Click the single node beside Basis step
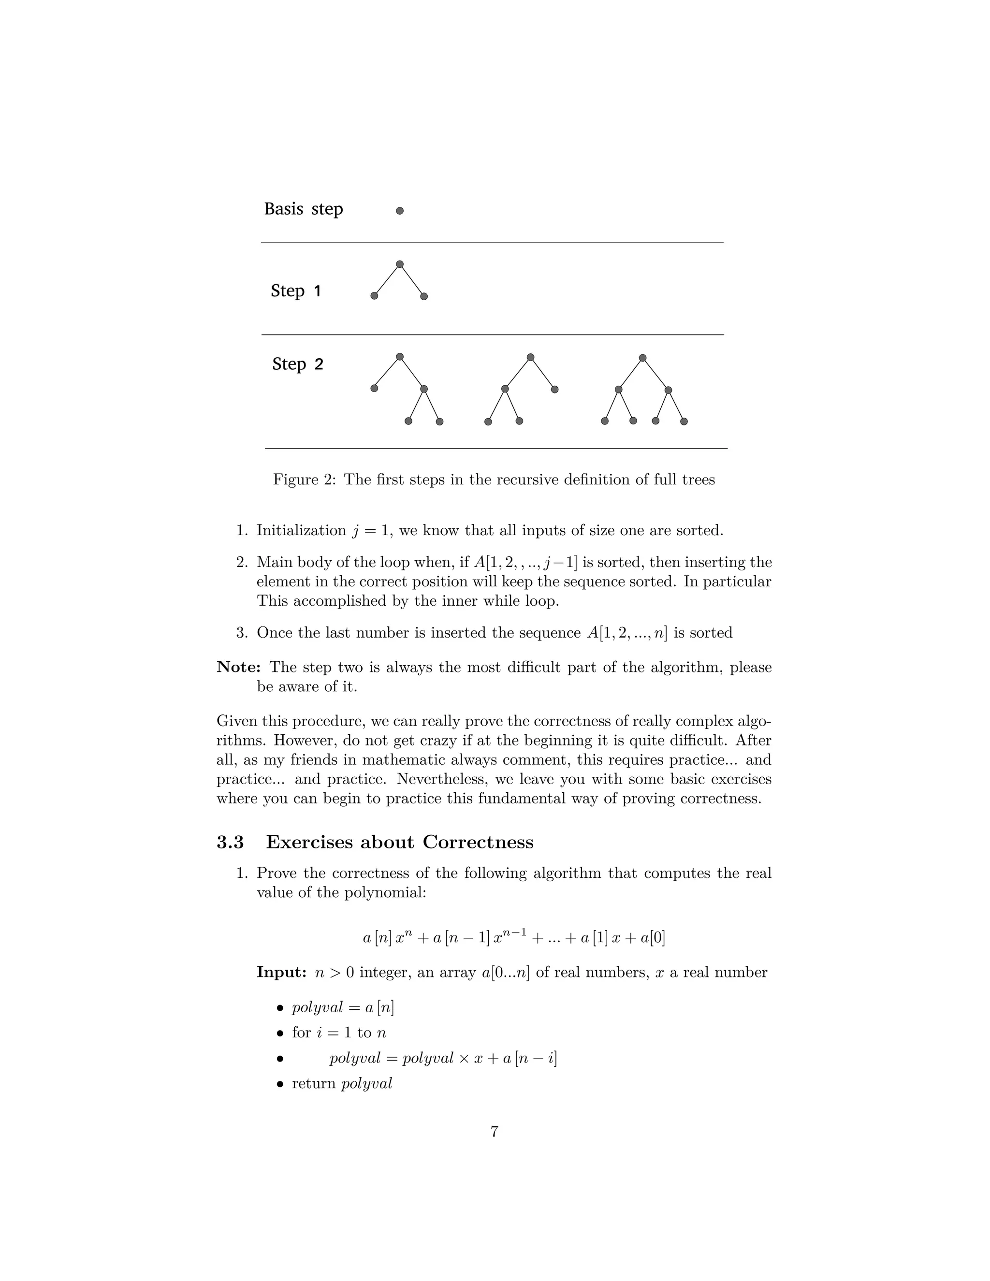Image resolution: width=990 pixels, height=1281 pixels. coord(399,211)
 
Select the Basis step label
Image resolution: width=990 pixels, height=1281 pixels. coord(303,209)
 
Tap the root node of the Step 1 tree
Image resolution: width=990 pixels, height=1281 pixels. coord(399,264)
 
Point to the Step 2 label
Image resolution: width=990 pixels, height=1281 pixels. coord(297,364)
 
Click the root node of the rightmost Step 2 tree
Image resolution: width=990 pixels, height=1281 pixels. coord(642,358)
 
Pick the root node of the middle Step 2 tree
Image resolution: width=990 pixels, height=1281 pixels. coord(530,357)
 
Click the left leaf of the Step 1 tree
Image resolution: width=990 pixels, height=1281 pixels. coord(374,296)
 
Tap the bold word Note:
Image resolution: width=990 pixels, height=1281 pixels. coord(239,668)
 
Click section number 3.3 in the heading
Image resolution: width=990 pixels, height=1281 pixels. coord(230,842)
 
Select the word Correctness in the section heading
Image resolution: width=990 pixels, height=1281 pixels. coord(478,842)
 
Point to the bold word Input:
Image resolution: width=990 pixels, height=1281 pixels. coord(281,973)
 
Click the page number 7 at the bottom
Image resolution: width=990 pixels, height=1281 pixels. coord(495,1132)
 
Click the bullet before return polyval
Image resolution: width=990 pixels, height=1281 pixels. coord(280,1084)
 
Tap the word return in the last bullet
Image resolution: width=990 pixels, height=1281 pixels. coord(314,1084)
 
